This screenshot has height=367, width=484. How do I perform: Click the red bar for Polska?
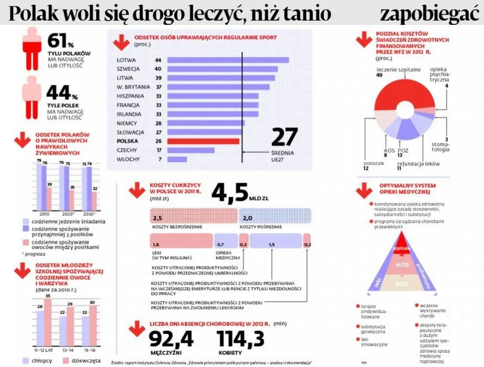203,141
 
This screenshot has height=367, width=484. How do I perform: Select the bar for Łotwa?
228,60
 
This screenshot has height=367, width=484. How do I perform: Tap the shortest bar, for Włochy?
177,159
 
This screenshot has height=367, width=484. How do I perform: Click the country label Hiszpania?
130,96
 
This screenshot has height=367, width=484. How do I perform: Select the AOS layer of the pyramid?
403,265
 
